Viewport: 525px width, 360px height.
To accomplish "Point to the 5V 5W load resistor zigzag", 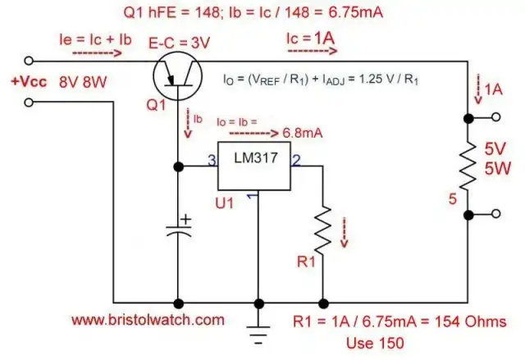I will click(468, 167).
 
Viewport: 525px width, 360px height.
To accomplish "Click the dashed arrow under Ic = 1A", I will click(311, 50).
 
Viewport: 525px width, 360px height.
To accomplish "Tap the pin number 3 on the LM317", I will click(212, 160).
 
